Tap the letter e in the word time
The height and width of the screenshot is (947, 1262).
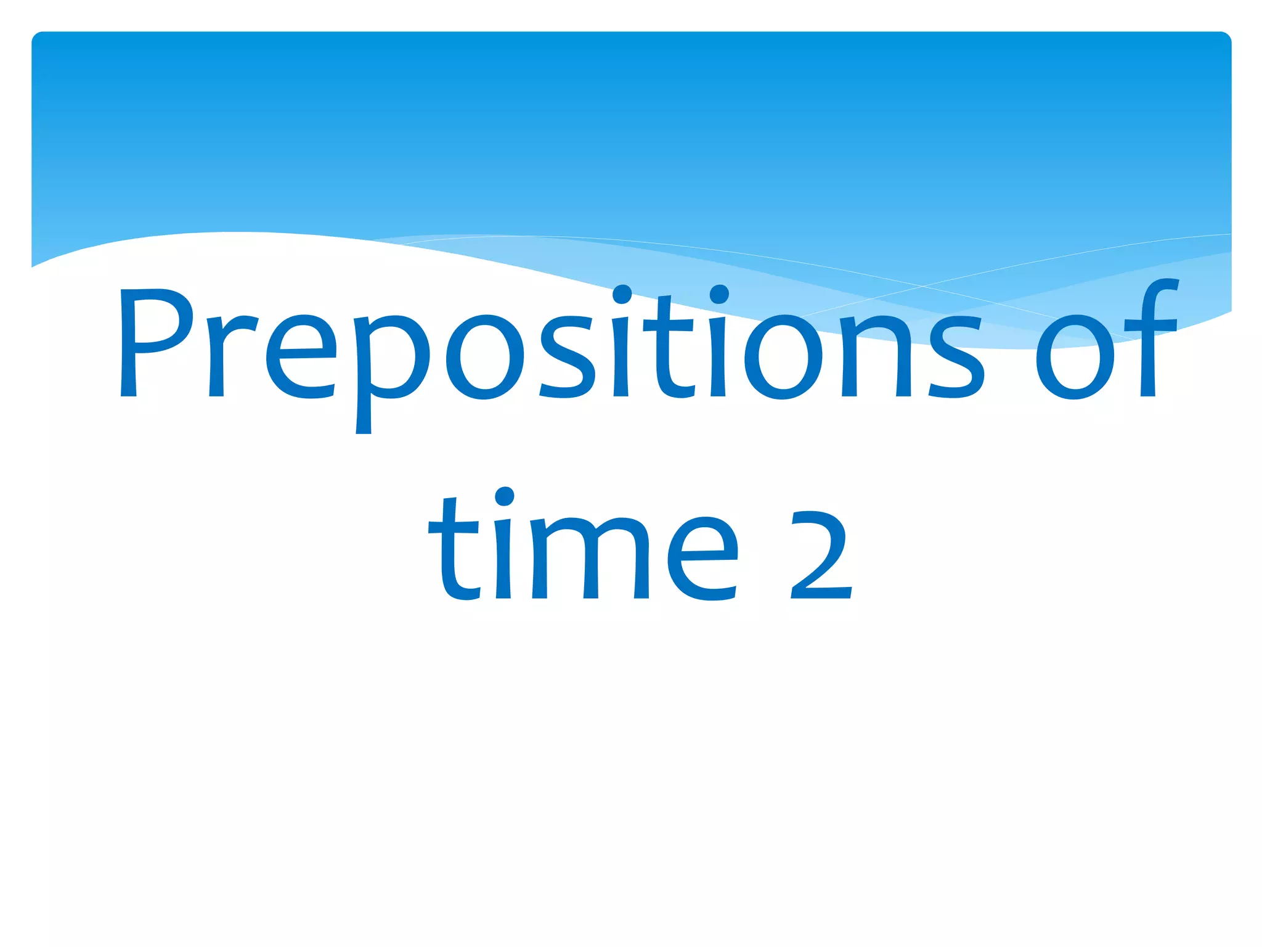[x=703, y=558]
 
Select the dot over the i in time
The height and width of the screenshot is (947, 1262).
[x=504, y=496]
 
